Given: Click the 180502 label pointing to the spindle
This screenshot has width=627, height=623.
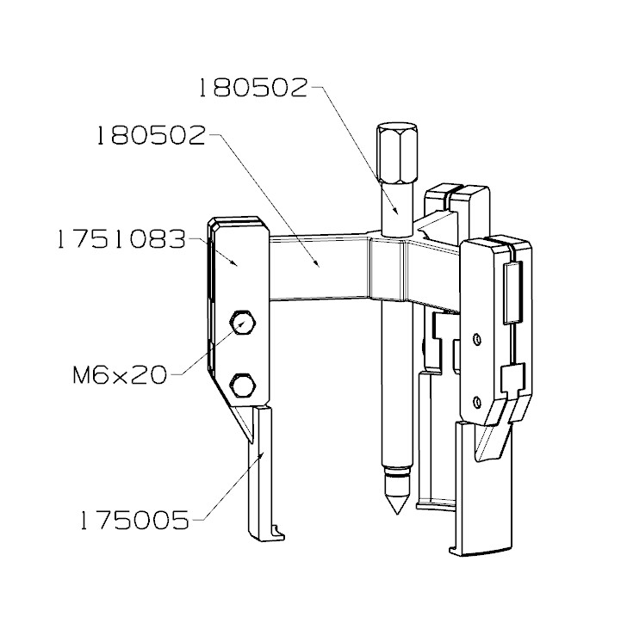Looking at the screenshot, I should tap(252, 89).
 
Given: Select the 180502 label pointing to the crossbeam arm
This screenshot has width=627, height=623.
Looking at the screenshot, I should tap(151, 136).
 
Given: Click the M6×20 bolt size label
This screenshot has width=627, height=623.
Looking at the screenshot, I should tap(121, 375).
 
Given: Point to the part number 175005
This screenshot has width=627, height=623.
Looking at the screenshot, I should tap(134, 520).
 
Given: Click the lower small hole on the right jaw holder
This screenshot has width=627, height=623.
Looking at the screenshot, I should tap(477, 401).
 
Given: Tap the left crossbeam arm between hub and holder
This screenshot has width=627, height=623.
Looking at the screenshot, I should tap(319, 268).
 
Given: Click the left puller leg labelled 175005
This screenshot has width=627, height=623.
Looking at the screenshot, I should tap(261, 473).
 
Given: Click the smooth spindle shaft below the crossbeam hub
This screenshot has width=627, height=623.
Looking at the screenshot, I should tap(394, 387).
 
